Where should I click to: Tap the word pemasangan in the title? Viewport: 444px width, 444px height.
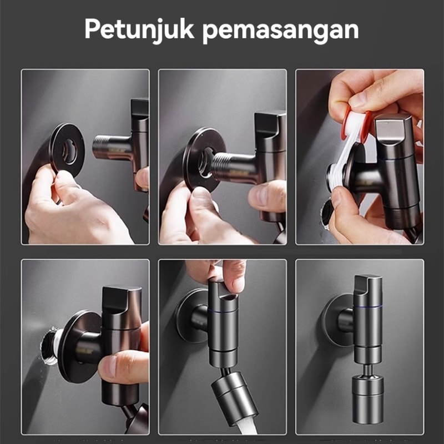click(x=281, y=31)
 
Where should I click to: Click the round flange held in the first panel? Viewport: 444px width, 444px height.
click(x=67, y=149)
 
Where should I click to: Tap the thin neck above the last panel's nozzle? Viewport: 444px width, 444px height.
click(x=367, y=370)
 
